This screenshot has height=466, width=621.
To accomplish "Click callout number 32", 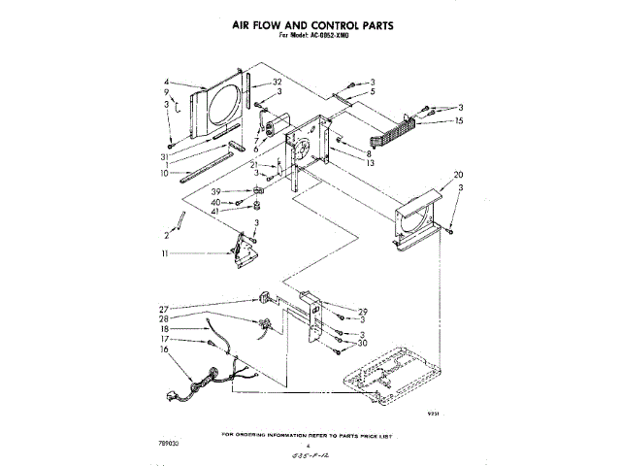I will click(x=277, y=82).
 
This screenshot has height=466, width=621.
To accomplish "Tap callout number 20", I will click(x=444, y=176).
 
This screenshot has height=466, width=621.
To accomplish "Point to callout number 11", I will click(x=166, y=253).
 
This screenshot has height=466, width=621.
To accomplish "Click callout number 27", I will click(x=164, y=309).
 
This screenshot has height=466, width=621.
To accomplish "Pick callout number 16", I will click(x=164, y=349).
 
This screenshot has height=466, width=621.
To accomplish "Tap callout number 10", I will click(x=165, y=174).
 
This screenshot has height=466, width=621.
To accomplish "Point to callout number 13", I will click(x=370, y=164).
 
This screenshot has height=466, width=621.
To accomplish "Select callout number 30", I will click(x=362, y=342).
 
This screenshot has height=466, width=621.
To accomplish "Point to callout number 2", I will click(x=166, y=235).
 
